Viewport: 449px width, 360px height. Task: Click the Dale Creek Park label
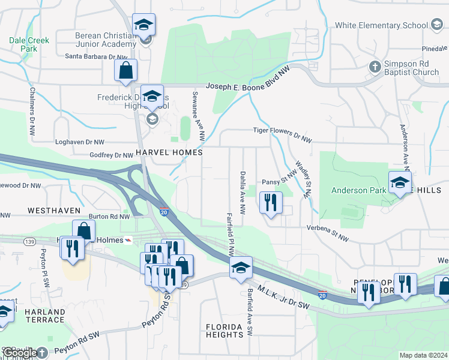pyautogui.click(x=29, y=44)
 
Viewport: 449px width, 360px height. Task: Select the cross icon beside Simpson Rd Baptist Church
pyautogui.click(x=375, y=65)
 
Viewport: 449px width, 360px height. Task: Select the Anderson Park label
pyautogui.click(x=358, y=190)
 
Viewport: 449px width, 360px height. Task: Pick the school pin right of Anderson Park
pyautogui.click(x=400, y=183)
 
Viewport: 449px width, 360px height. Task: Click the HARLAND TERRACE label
pyautogui.click(x=44, y=316)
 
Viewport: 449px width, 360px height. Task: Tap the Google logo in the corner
pyautogui.click(x=19, y=353)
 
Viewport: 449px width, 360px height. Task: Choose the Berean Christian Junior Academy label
pyautogui.click(x=105, y=40)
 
